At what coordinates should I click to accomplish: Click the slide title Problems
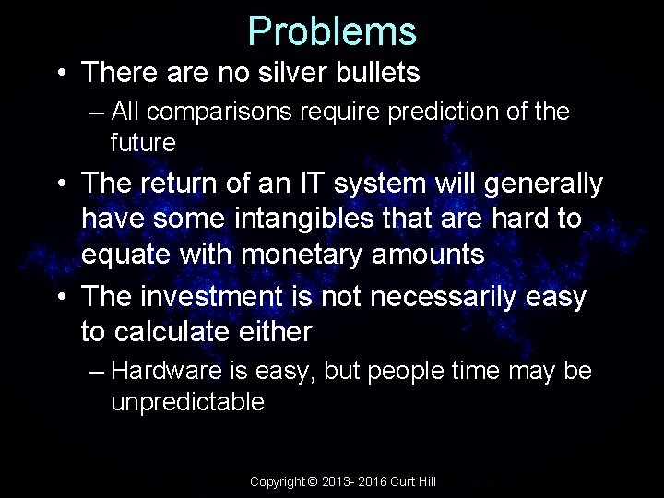(332, 30)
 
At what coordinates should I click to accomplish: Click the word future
(142, 142)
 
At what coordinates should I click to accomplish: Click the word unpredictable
(187, 402)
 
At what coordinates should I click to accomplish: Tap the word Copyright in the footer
(278, 482)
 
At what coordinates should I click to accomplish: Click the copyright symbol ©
(312, 482)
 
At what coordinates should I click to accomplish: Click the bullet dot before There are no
(60, 73)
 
